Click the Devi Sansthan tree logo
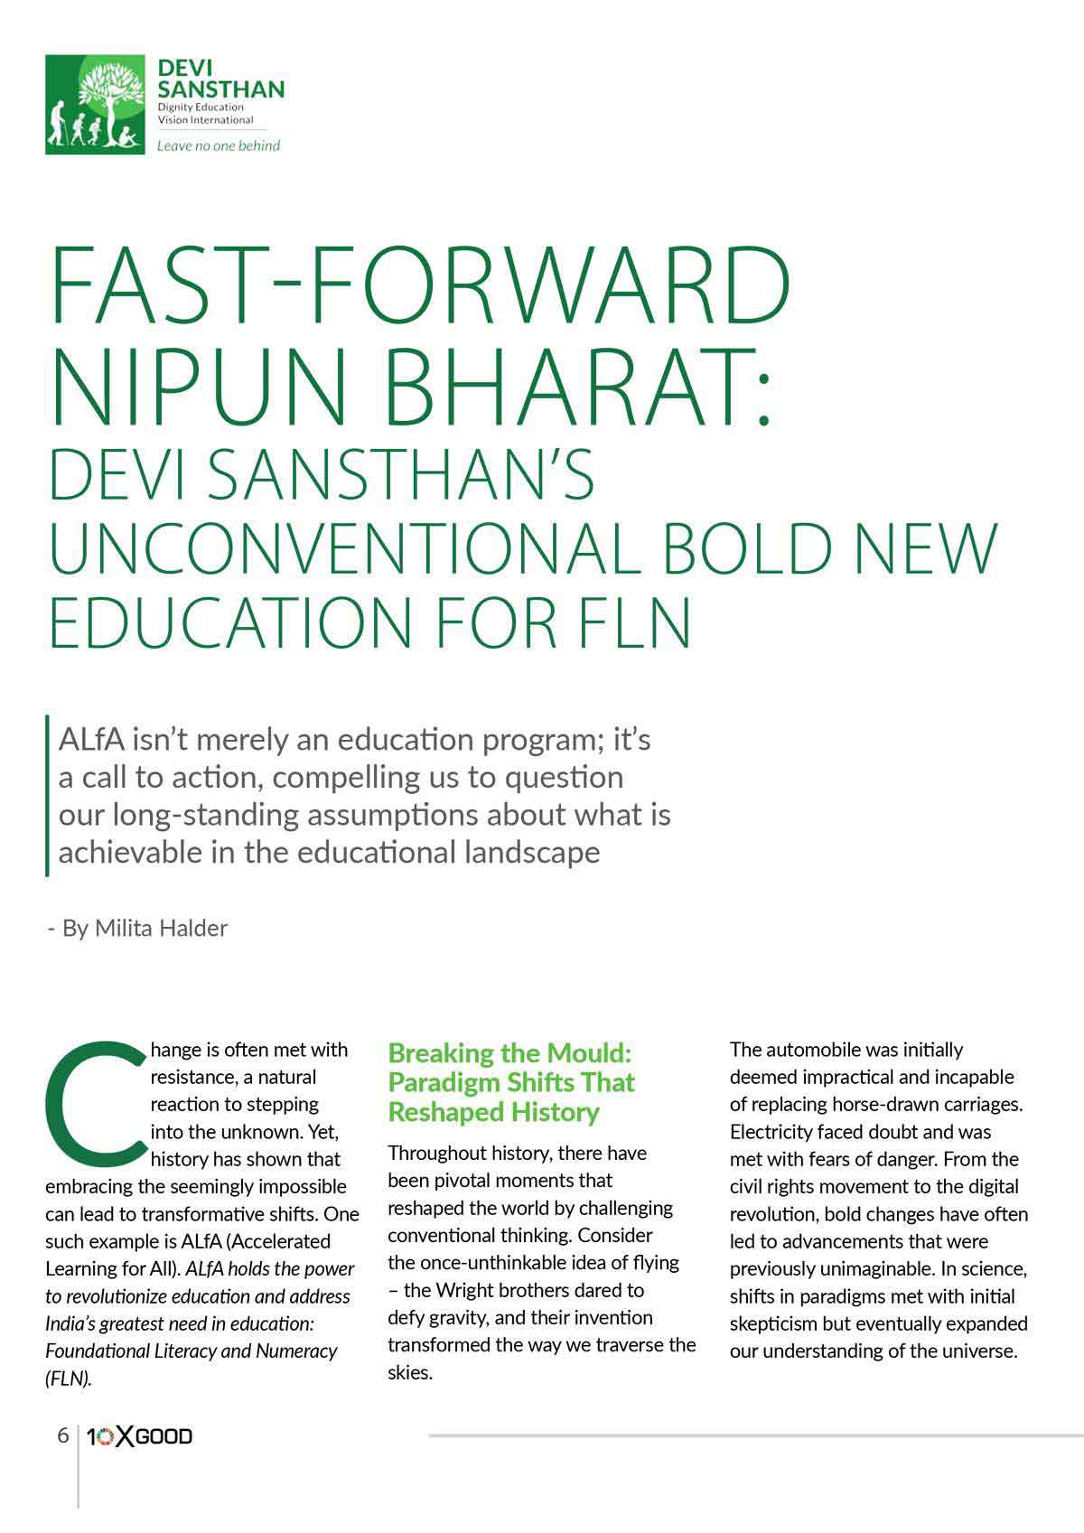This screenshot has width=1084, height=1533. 95,104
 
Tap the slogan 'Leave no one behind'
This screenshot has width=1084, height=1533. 219,145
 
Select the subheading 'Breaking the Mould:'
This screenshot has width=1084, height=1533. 509,1053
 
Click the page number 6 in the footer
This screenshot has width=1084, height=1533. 62,1435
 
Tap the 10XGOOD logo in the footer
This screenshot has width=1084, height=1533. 139,1436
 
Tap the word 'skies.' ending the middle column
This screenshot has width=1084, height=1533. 410,1373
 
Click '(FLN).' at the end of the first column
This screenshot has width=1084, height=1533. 69,1379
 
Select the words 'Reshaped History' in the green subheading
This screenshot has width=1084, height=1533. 493,1112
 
